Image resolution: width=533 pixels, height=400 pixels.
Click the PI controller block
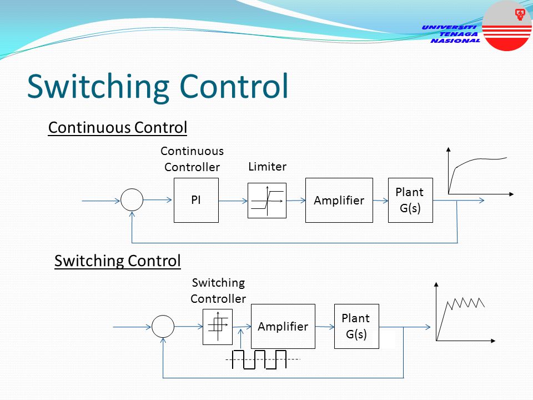tap(196, 201)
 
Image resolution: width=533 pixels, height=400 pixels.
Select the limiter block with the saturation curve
tap(267, 201)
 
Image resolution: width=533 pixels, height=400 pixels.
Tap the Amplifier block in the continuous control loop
tap(339, 201)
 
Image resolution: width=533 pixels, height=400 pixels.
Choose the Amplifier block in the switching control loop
tap(283, 326)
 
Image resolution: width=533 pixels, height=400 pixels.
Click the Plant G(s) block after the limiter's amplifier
tap(410, 201)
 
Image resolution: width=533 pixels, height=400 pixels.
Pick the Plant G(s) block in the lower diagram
tap(356, 326)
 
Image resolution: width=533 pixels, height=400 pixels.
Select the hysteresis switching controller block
tap(218, 327)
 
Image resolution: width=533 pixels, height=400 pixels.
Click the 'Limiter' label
tap(267, 167)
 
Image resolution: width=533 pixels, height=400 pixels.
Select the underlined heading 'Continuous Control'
tap(118, 128)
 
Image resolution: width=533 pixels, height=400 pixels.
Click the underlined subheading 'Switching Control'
tap(118, 261)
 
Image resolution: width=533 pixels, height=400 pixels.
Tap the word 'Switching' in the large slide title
tap(98, 87)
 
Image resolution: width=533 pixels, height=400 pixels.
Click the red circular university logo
tap(507, 26)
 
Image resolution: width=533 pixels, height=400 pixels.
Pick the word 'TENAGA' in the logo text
tap(458, 34)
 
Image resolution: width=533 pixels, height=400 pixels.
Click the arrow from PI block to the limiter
tap(233, 201)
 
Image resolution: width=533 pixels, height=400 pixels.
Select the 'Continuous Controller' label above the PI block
tap(192, 159)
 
